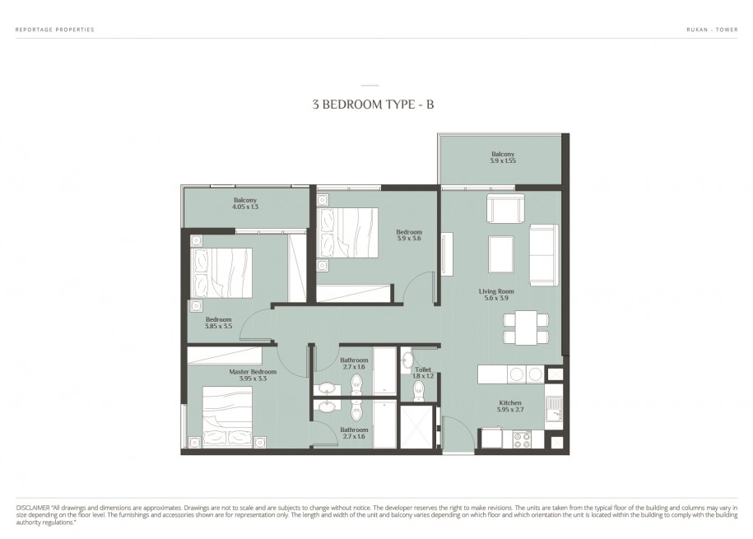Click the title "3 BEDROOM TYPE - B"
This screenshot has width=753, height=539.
[373, 105]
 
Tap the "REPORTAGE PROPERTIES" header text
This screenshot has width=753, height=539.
[55, 30]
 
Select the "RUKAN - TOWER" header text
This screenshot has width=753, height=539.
[712, 30]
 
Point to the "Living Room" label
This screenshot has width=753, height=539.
[496, 291]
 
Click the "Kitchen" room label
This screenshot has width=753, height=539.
[510, 402]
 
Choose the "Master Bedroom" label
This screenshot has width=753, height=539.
[253, 372]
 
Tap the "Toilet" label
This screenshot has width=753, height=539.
[423, 369]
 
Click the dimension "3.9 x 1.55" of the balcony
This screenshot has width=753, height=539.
[503, 161]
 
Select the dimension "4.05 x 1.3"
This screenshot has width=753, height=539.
[245, 207]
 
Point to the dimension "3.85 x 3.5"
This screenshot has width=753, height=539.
[219, 326]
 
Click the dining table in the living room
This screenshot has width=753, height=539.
[526, 328]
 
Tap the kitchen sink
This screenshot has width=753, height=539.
[554, 409]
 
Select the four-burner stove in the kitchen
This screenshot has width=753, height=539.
[522, 439]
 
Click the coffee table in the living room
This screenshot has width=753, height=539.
[501, 254]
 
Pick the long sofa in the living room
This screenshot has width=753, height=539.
[544, 254]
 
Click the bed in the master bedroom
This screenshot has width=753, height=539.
[227, 416]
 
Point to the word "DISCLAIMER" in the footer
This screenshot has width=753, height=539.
[33, 508]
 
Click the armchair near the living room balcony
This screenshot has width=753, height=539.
[505, 208]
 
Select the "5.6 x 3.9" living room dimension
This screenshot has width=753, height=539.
[496, 299]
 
